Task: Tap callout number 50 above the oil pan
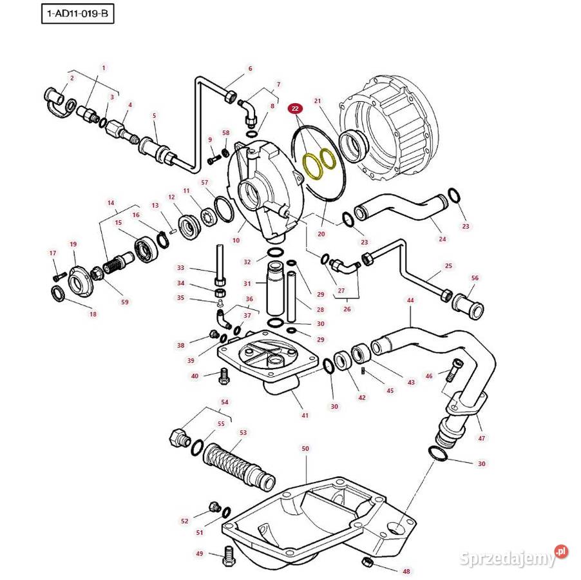coord(305,448)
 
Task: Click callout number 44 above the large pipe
coord(410,300)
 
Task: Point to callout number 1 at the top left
coord(103,68)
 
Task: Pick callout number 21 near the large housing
coord(317,101)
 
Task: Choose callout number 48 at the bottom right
coord(406,571)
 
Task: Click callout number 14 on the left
coord(111,202)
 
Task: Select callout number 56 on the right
coord(475,278)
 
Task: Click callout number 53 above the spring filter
coord(243,432)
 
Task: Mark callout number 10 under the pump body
coord(236,240)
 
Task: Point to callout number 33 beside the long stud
coord(180,267)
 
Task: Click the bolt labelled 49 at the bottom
coord(228,557)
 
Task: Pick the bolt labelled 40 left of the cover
coord(224,375)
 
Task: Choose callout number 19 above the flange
coord(73,244)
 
